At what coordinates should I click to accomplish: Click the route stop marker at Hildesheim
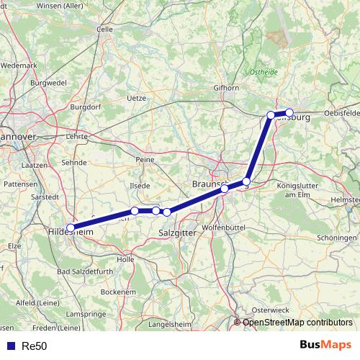coord(70,228)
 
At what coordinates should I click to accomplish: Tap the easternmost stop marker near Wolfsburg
coord(289,112)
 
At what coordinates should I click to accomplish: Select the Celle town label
coord(105,30)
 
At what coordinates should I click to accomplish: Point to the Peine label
coord(145,159)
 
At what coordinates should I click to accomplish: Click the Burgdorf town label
coord(85,107)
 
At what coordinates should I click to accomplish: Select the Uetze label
coord(136,97)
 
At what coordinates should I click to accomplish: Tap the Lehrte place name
coord(76,135)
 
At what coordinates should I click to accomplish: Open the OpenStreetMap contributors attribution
coord(297,323)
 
